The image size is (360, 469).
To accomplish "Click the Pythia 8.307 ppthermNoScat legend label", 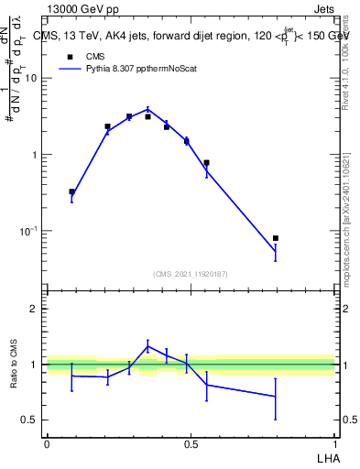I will [141, 69].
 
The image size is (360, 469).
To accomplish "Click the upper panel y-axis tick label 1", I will [36, 155].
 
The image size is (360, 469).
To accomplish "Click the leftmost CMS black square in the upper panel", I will [71, 192].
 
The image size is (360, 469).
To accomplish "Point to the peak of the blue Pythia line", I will [148, 109].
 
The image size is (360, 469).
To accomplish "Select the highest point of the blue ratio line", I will [148, 345].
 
